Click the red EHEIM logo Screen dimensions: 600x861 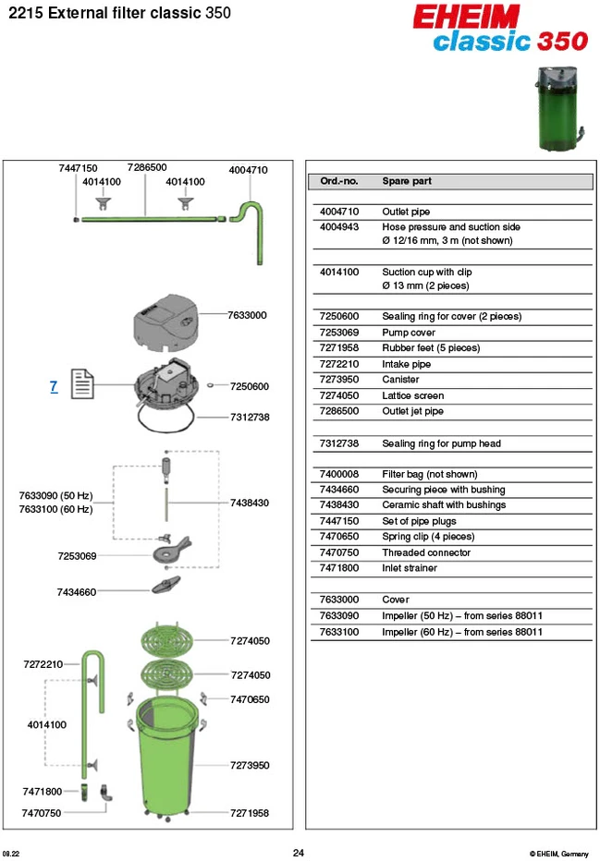point(466,17)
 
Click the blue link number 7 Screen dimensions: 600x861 point(54,386)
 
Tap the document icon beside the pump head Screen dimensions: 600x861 point(82,383)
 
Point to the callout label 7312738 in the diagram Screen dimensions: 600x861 point(250,418)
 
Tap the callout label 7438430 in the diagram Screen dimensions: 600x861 point(250,503)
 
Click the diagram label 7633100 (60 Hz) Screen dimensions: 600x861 point(55,510)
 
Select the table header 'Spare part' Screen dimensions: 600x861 point(407,181)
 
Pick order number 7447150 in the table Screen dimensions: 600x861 point(339,521)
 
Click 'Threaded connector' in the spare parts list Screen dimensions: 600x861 point(426,553)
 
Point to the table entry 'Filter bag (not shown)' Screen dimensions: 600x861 point(430,475)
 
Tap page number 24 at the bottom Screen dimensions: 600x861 point(299,853)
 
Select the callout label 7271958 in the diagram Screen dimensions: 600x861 point(250,813)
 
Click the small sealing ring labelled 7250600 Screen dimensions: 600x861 point(210,386)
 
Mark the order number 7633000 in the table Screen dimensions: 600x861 point(339,600)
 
